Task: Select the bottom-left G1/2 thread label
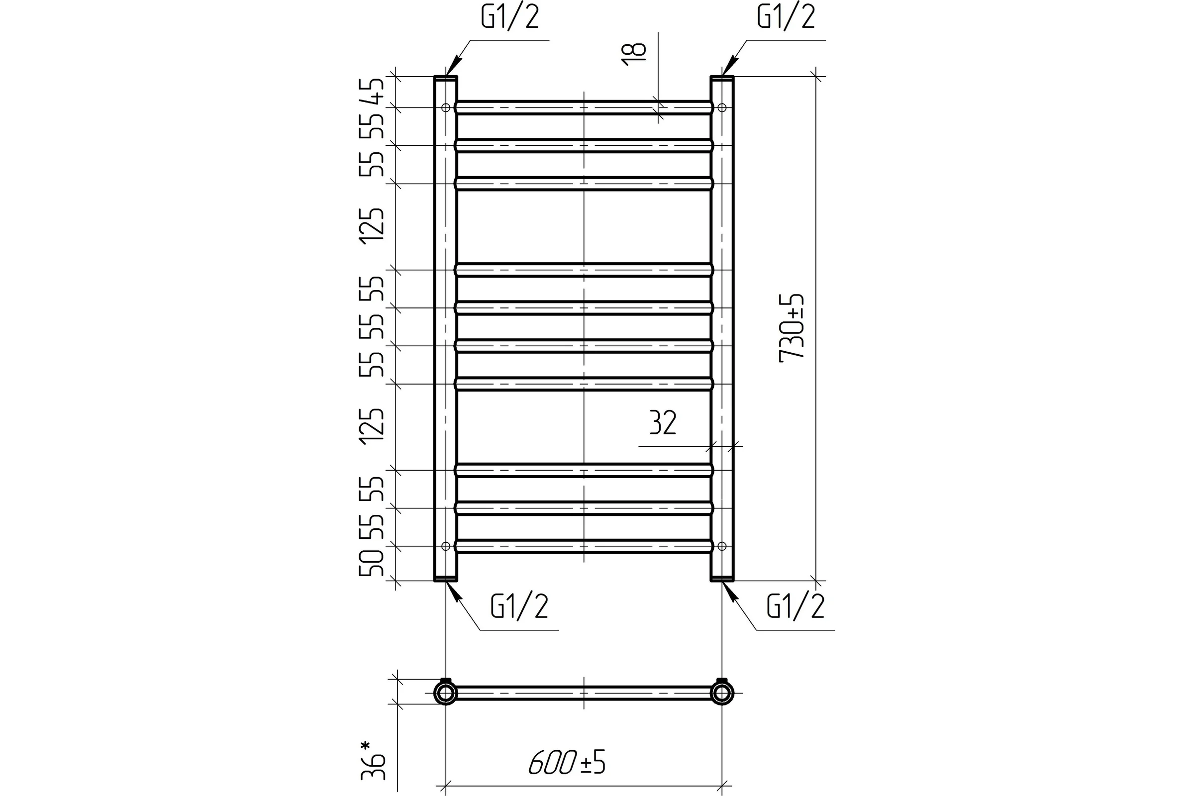click(x=519, y=606)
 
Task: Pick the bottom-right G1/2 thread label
click(x=796, y=606)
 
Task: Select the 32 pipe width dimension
click(x=663, y=422)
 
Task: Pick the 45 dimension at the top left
click(x=372, y=92)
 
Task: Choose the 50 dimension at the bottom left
click(x=372, y=563)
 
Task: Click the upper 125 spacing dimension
click(x=372, y=226)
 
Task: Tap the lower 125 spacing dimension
click(x=372, y=427)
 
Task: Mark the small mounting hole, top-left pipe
click(x=446, y=107)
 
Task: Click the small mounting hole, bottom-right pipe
click(x=722, y=546)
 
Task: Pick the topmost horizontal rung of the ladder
click(x=584, y=107)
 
